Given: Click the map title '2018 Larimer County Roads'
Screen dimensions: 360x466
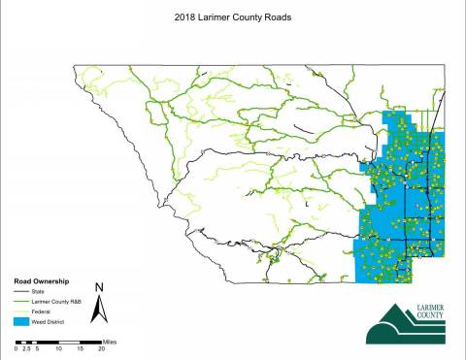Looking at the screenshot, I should [233, 16].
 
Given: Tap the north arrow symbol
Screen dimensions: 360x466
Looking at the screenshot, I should [98, 310].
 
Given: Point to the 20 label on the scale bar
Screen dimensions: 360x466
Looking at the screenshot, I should [102, 348].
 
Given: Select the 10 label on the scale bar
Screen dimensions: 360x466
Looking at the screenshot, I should [58, 348].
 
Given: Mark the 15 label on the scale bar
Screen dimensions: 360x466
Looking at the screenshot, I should [81, 348].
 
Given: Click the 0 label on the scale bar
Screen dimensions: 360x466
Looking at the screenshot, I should [15, 348].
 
